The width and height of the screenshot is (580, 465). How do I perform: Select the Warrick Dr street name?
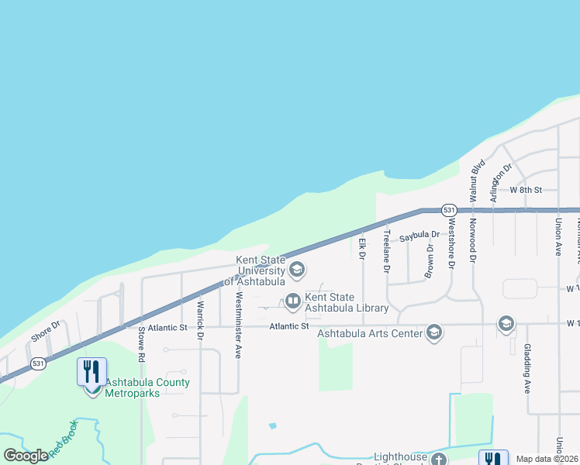click(x=199, y=326)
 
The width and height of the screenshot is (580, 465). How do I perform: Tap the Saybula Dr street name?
click(x=419, y=235)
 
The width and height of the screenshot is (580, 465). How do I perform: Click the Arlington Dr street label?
click(x=501, y=182)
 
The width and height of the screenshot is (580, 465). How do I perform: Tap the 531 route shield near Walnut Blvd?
click(x=449, y=210)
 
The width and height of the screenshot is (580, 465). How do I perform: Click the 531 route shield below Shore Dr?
click(x=37, y=363)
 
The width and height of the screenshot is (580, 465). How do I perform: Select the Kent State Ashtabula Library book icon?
click(x=293, y=301)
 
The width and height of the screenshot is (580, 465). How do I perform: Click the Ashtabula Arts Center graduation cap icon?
click(x=433, y=332)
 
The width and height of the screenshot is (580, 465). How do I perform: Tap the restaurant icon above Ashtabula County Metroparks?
click(x=91, y=371)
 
